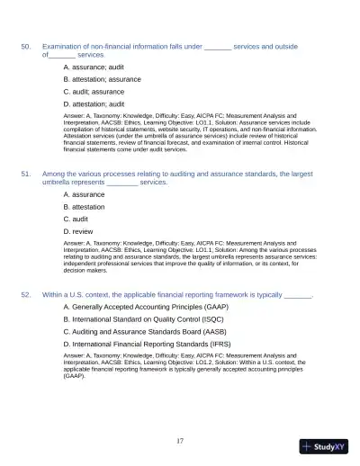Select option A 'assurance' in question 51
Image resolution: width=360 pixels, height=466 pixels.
pos(84,193)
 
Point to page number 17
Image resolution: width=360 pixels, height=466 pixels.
pos(180,440)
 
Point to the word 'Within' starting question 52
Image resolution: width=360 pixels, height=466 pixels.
pos(54,294)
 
